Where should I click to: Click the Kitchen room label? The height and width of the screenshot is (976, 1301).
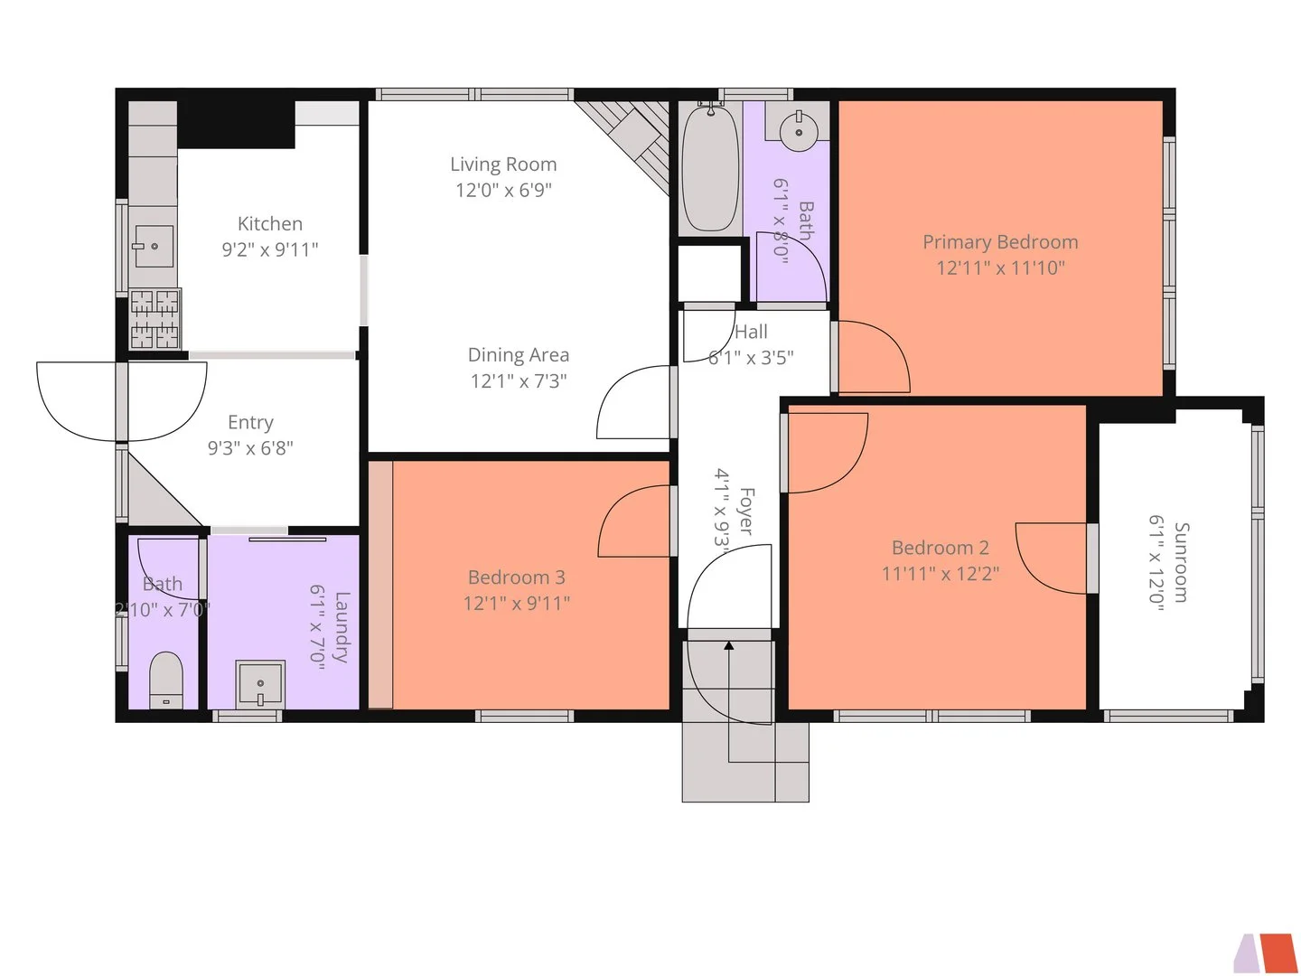pos(269,223)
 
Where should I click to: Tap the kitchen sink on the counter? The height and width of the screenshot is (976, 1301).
pos(153,246)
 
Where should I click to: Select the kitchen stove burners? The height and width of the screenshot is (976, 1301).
pos(154,319)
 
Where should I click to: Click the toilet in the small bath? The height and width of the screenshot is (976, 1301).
pos(165,680)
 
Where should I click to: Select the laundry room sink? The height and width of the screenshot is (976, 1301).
pos(260,684)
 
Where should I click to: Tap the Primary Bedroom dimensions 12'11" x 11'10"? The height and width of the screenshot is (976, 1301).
pos(1000,267)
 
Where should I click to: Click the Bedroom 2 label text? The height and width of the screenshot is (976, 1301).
pos(940,548)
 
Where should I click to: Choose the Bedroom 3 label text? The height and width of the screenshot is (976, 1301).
pos(516,577)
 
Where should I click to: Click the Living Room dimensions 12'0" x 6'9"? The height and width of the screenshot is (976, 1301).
pos(503,190)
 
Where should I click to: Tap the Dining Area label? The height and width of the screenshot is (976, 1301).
pos(519,355)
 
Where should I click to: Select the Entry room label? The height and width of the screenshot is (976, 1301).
pos(251,423)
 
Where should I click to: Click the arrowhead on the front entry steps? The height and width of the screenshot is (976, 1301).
pos(728,645)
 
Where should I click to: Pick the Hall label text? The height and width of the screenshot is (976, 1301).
pos(751,332)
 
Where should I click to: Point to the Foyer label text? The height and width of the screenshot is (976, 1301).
pos(747,511)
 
